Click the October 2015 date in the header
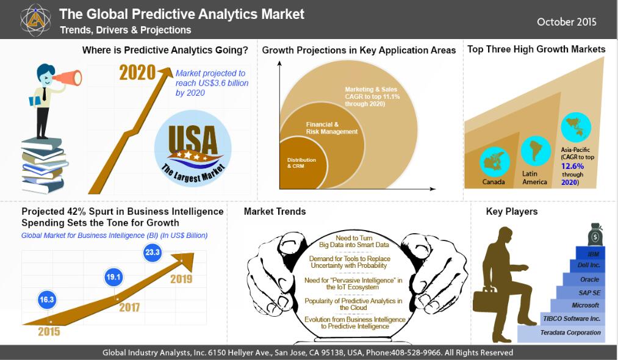pos(566,22)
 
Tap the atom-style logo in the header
pos(35,20)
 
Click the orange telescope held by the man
pos(67,77)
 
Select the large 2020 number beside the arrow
pos(137,73)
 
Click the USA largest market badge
pos(193,148)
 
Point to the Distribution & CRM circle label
pos(301,163)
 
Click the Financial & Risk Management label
pos(332,128)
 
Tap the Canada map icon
pos(495,162)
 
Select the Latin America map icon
pos(536,151)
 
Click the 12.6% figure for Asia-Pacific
pos(572,166)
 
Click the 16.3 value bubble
pos(46,300)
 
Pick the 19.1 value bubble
pos(113,277)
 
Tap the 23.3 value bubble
pos(152,252)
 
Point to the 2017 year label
pos(129,307)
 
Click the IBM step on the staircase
pos(591,254)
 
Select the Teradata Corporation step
pos(561,333)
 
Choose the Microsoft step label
pos(585,305)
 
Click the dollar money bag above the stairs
pos(595,235)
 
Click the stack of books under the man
pos(44,165)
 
